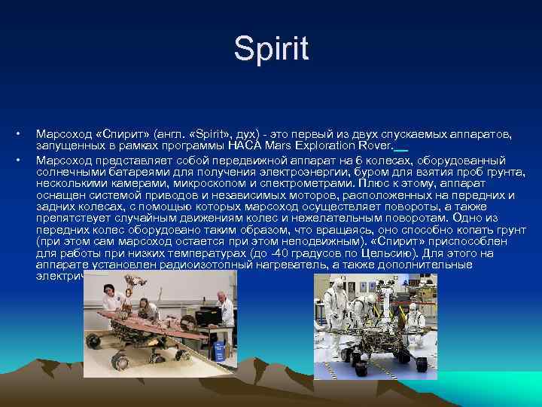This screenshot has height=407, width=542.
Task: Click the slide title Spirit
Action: click(271, 49)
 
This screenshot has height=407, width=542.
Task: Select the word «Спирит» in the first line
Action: click(121, 133)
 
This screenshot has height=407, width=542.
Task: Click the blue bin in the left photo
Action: click(219, 350)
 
